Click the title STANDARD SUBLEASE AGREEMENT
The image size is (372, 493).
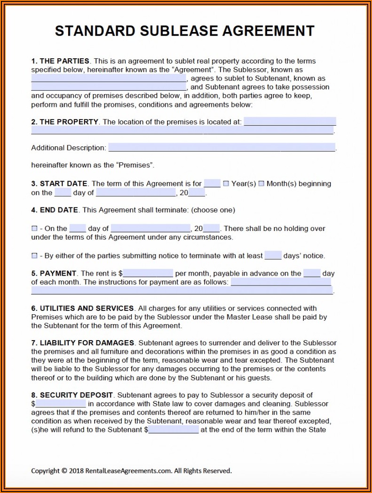click(x=184, y=31)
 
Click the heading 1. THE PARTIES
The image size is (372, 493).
click(x=60, y=61)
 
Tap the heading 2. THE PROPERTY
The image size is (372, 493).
click(x=65, y=122)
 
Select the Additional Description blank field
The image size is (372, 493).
click(x=222, y=148)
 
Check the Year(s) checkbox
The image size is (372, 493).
click(x=226, y=183)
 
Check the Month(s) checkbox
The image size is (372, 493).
click(x=261, y=183)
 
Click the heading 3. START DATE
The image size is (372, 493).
click(x=59, y=183)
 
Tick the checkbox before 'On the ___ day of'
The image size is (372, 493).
click(x=34, y=229)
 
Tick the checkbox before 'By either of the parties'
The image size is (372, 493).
click(x=34, y=256)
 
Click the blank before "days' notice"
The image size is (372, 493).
click(x=273, y=256)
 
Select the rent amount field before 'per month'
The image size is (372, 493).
click(x=148, y=273)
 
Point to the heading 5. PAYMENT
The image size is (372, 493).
click(x=54, y=273)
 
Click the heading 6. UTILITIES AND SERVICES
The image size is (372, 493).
click(x=83, y=309)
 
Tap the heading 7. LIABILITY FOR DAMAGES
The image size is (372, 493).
click(x=83, y=343)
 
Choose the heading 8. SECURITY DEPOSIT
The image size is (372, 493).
click(x=72, y=395)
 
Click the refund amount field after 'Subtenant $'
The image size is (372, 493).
click(x=174, y=429)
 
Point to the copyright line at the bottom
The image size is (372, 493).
click(x=131, y=470)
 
